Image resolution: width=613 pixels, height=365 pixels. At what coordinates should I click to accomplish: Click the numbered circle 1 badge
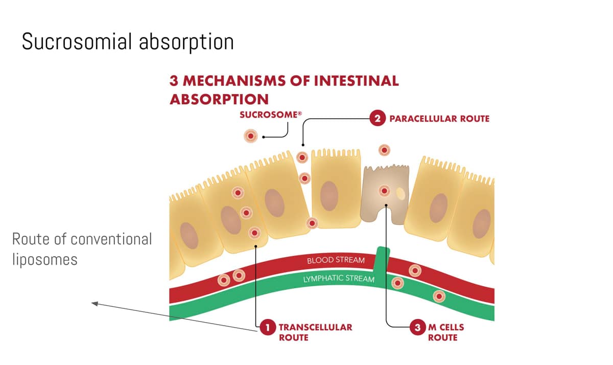[x=267, y=327]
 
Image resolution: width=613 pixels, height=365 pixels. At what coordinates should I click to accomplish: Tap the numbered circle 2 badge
[x=377, y=119]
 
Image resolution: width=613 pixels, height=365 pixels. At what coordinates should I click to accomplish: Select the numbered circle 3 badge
[x=418, y=327]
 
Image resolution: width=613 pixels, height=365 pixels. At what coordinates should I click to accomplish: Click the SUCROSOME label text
[x=268, y=115]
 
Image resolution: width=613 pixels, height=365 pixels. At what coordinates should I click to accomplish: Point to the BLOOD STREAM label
[x=336, y=260]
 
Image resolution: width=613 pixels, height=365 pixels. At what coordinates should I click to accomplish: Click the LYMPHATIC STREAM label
[x=339, y=279]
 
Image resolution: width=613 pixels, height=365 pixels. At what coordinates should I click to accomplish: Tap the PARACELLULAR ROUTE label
[x=439, y=119]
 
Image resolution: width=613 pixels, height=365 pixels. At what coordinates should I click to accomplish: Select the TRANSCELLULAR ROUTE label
[x=315, y=332]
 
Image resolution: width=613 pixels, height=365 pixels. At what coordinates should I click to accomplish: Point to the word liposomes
[x=44, y=259]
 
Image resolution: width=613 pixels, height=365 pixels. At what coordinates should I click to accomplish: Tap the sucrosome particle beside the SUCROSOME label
[x=251, y=136]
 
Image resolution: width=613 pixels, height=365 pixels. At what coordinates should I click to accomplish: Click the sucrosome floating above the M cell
[x=384, y=150]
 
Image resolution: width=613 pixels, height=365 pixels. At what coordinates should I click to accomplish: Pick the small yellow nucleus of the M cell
[x=401, y=194]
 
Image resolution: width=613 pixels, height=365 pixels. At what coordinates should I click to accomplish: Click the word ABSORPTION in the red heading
[x=219, y=99]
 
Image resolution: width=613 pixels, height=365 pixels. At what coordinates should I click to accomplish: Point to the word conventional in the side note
[x=110, y=239]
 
